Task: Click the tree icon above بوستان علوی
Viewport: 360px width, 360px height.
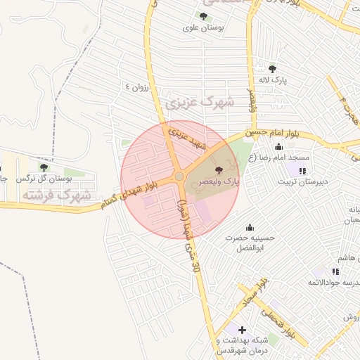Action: [x=203, y=16]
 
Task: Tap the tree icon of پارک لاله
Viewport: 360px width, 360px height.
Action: [x=272, y=69]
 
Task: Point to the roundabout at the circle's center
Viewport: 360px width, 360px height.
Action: [x=179, y=176]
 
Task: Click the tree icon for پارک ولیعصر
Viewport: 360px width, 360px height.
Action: [x=218, y=169]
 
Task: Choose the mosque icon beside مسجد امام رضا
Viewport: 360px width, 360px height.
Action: [x=279, y=147]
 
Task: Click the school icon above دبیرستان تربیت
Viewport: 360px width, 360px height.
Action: [x=302, y=171]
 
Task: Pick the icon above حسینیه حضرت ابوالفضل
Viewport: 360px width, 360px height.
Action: [x=250, y=226]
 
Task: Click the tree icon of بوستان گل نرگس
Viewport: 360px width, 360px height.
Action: [x=44, y=167]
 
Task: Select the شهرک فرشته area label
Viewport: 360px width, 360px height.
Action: [x=56, y=194]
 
